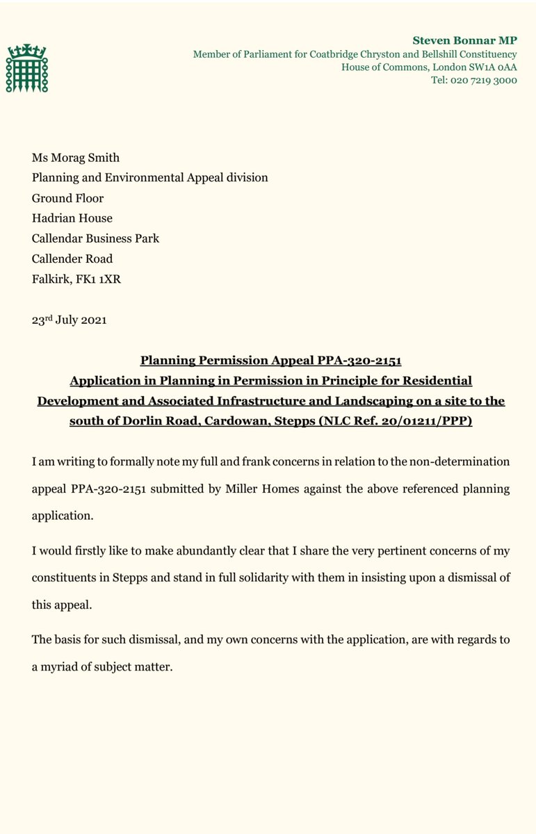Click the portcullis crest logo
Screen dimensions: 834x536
coord(27,68)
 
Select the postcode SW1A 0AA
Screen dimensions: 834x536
coord(487,67)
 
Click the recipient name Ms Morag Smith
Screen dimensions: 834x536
coord(76,158)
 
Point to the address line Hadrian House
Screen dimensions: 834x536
coord(72,218)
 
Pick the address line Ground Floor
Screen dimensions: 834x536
coord(68,198)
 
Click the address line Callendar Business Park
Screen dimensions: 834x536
coord(95,238)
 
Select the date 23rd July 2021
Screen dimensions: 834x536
coord(70,321)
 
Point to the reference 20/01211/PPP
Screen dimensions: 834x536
coord(429,421)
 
